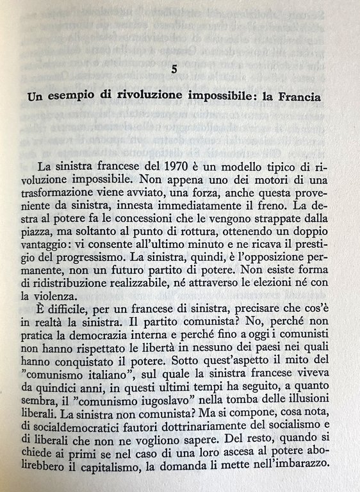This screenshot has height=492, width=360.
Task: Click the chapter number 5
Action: [183, 68]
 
